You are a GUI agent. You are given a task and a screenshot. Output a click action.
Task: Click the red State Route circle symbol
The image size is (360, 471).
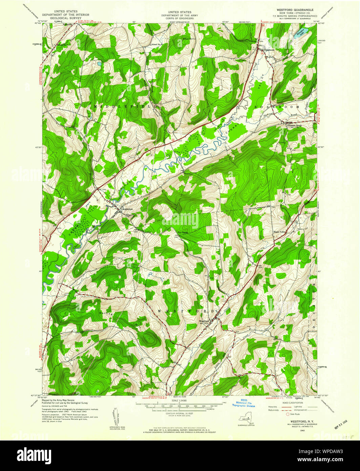[x=288, y=414]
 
